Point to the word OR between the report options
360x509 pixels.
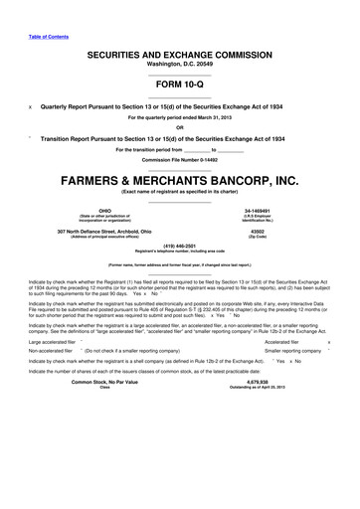[179, 126]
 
